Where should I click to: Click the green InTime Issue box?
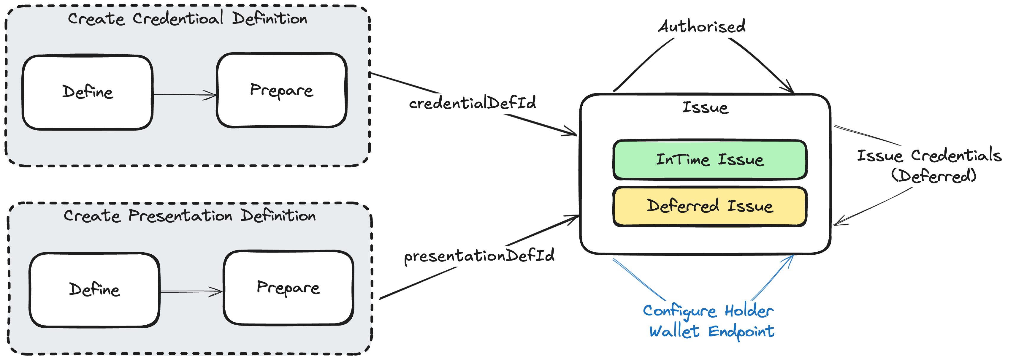tap(710, 160)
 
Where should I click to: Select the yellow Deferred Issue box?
tap(710, 206)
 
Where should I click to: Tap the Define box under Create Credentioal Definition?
tap(88, 92)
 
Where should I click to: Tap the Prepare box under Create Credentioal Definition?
tap(282, 90)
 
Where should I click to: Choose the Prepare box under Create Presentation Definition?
tap(288, 288)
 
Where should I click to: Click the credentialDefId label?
tap(472, 103)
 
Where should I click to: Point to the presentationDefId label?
tap(479, 256)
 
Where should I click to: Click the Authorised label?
tap(702, 26)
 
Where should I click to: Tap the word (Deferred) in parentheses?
tap(933, 175)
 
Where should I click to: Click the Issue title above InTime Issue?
tap(705, 107)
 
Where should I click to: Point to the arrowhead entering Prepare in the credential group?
tap(213, 95)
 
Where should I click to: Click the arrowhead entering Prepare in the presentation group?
tap(220, 292)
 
